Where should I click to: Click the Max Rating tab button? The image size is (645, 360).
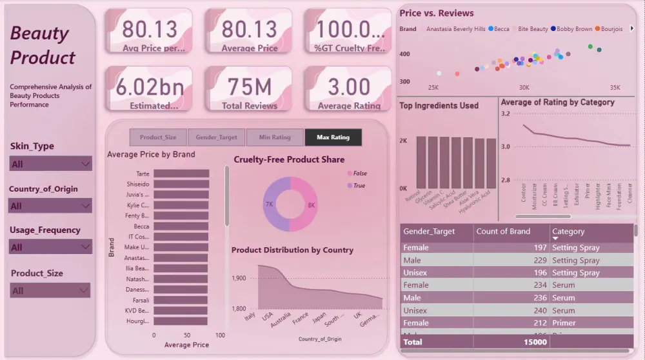click(x=333, y=137)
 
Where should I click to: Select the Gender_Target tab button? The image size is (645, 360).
click(x=215, y=137)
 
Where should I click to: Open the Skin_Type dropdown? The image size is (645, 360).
click(x=50, y=164)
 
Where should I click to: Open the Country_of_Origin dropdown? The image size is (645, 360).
click(x=50, y=206)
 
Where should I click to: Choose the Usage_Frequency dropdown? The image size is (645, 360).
click(x=50, y=247)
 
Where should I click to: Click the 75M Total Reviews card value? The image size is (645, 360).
click(x=249, y=87)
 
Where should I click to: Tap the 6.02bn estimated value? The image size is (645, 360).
click(x=150, y=87)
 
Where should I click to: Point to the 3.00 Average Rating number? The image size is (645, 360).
click(x=348, y=87)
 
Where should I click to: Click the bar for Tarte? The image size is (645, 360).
click(x=181, y=174)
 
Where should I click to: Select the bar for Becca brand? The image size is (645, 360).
click(x=181, y=226)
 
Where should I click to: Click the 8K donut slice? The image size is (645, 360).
click(x=306, y=205)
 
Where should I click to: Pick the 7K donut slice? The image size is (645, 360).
click(x=274, y=205)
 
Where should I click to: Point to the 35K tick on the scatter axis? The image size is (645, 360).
click(x=615, y=87)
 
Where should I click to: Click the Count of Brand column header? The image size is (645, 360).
click(x=502, y=231)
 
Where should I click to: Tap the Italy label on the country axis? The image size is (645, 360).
click(x=250, y=317)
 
